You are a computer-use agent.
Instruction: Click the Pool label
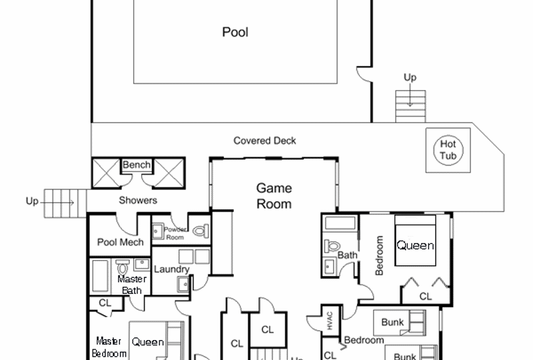click(x=235, y=31)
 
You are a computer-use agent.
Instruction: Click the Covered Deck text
click(x=265, y=141)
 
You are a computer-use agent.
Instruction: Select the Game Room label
click(x=274, y=196)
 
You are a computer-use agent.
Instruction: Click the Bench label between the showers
click(x=137, y=165)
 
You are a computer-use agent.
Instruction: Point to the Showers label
click(x=138, y=200)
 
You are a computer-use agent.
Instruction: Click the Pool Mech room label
click(x=120, y=242)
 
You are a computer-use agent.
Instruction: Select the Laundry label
click(x=171, y=269)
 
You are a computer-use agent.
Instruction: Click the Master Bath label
click(x=132, y=284)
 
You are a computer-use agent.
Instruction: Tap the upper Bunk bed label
click(x=393, y=322)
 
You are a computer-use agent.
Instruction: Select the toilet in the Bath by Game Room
click(x=331, y=245)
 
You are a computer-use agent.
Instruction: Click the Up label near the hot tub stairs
click(x=410, y=77)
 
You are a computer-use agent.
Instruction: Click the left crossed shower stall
click(x=105, y=172)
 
